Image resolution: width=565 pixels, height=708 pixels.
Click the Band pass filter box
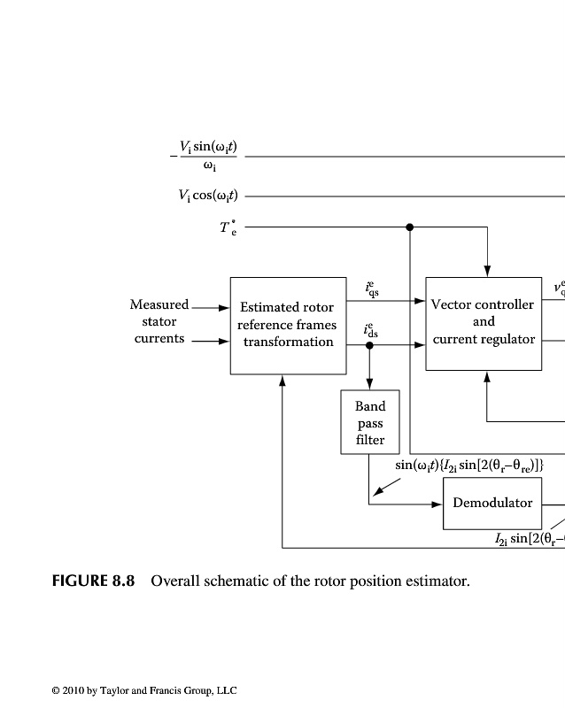click(370, 422)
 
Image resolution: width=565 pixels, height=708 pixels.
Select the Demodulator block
click(492, 503)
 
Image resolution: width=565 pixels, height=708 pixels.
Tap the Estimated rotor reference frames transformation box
click(287, 325)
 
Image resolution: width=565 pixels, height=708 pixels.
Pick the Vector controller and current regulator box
click(483, 322)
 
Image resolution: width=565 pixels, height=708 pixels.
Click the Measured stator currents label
click(159, 321)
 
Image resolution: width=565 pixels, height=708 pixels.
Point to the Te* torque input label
click(228, 227)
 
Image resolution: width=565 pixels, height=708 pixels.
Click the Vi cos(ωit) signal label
click(208, 196)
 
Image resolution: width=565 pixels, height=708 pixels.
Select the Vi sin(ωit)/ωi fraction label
click(207, 156)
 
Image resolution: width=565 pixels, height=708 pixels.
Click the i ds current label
click(372, 329)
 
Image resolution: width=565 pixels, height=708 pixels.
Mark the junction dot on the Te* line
click(409, 227)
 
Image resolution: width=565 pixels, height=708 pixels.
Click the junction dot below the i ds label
click(370, 345)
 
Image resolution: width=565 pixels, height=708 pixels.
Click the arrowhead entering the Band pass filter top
click(370, 385)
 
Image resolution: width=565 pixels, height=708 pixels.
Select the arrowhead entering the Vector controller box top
click(487, 272)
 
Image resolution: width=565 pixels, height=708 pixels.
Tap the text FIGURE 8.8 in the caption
click(93, 581)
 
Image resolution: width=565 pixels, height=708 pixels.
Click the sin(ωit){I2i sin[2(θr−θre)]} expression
click(468, 465)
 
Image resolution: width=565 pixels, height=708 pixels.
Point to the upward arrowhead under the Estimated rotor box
click(282, 380)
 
